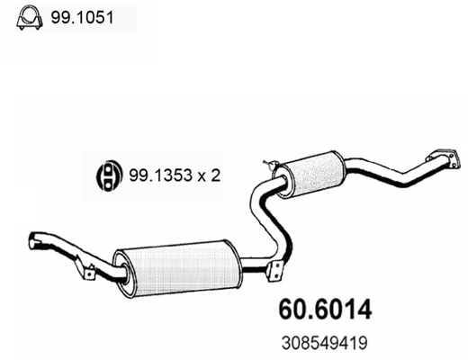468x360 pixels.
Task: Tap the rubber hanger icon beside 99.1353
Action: click(107, 175)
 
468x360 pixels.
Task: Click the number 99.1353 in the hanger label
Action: click(163, 175)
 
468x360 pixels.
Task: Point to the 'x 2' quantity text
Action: click(211, 175)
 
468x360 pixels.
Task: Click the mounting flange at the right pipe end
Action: click(440, 157)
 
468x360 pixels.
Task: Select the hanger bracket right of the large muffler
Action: click(276, 268)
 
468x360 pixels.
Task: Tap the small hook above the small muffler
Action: click(267, 164)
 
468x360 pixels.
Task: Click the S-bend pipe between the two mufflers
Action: click(265, 216)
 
